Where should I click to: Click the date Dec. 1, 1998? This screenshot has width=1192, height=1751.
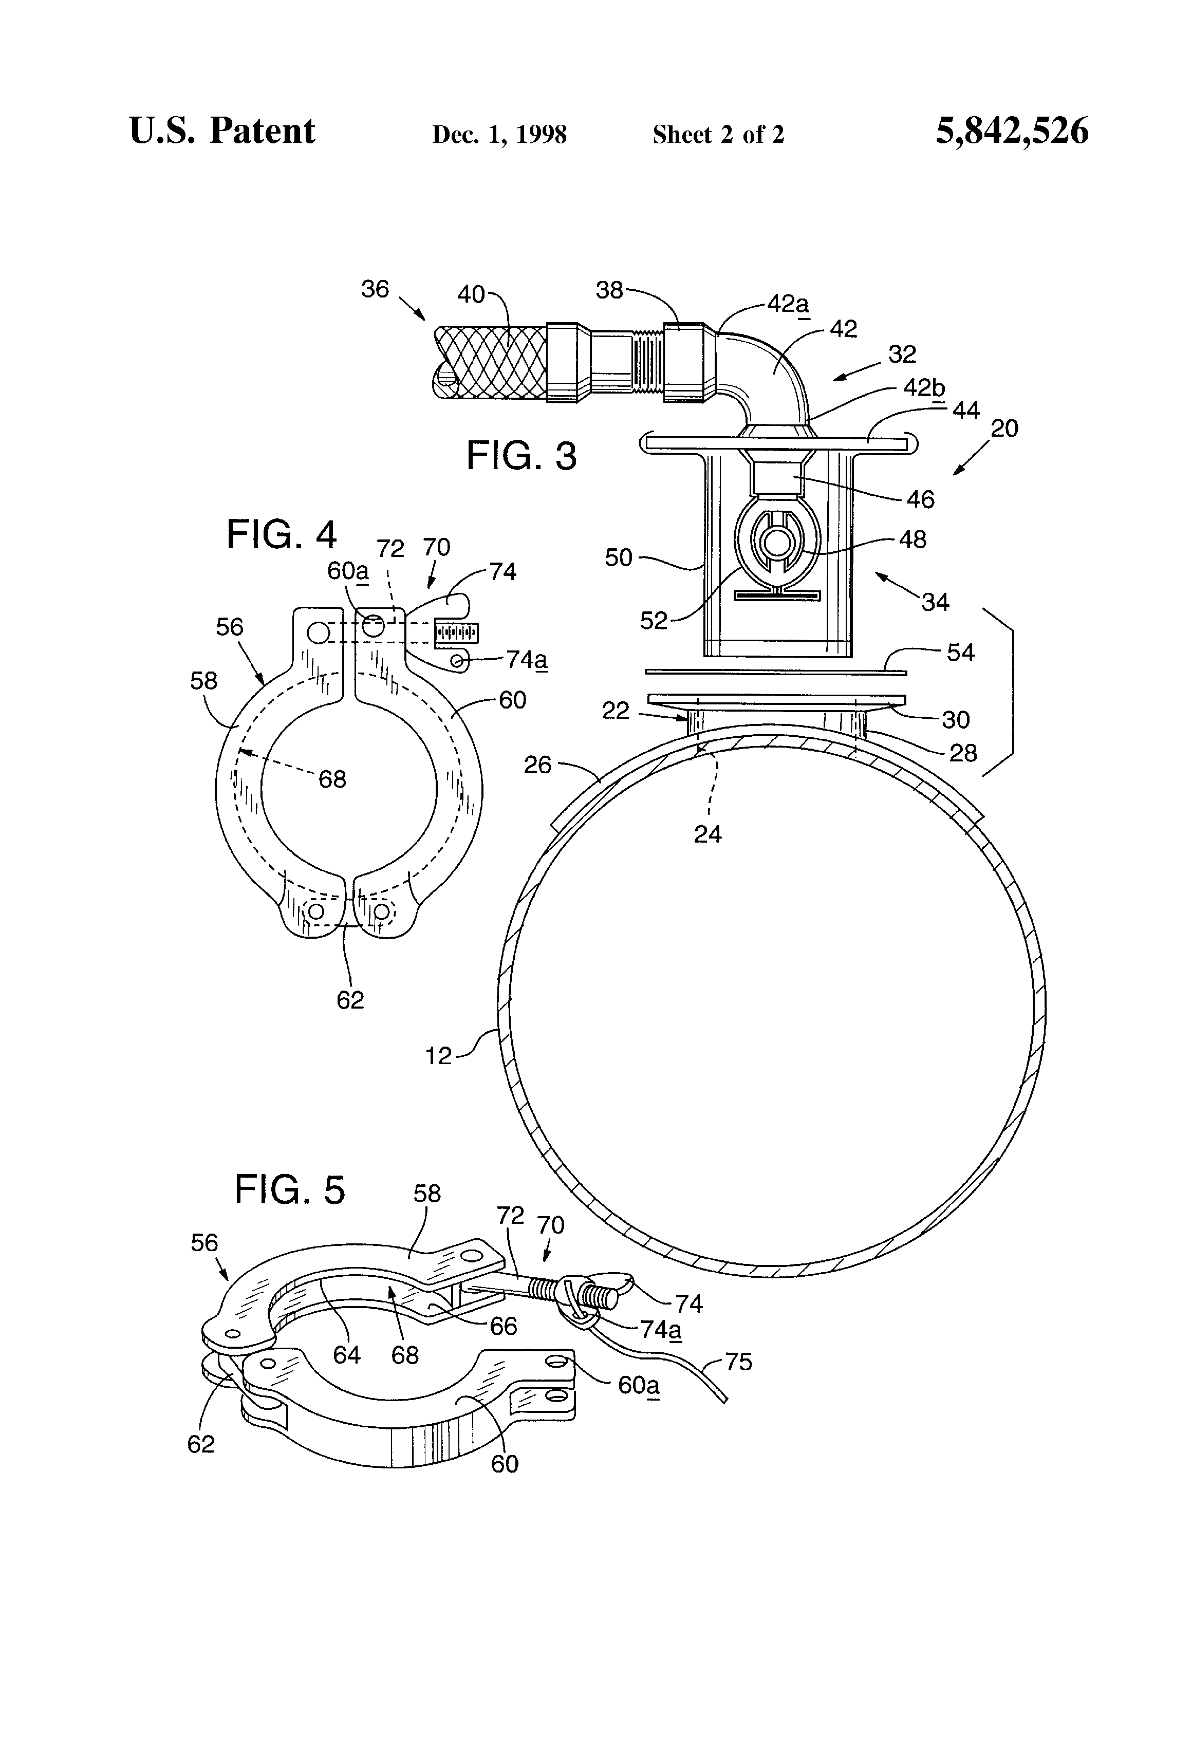[499, 135]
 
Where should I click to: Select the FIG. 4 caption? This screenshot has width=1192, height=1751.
[281, 536]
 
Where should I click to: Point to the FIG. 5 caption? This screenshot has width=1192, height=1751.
[289, 1190]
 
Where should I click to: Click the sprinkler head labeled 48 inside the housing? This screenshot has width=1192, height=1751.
[775, 543]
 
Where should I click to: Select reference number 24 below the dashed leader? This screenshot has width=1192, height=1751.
[707, 834]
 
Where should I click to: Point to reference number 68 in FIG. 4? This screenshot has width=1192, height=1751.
[332, 779]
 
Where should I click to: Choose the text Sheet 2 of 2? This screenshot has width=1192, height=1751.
[718, 135]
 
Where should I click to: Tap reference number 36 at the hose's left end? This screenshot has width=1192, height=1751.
[375, 289]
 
